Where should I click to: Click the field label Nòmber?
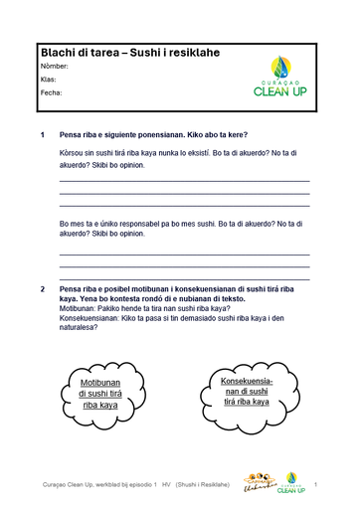click(x=55, y=65)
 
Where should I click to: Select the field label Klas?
click(x=49, y=79)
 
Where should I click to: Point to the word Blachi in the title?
click(x=58, y=51)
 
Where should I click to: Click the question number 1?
click(x=42, y=134)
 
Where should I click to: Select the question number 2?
click(x=42, y=288)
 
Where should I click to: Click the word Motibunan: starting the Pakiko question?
click(x=82, y=308)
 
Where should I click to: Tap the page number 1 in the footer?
click(x=314, y=484)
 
